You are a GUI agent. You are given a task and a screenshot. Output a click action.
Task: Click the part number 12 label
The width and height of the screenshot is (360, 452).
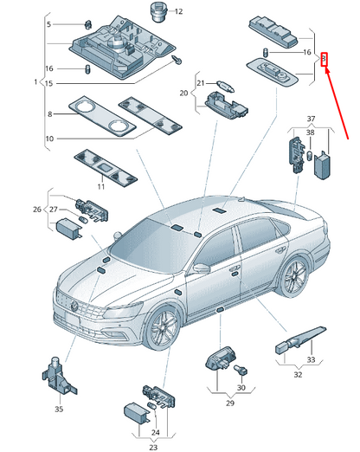coord(179,11)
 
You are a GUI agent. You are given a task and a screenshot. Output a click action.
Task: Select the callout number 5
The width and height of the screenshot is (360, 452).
coord(48,24)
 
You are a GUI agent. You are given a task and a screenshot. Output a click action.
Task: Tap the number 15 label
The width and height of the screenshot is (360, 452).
coord(49,84)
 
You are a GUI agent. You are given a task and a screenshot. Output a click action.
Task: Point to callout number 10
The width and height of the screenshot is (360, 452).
coord(49,139)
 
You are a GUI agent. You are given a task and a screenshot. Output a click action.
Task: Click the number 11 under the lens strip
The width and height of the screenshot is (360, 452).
coord(100,187)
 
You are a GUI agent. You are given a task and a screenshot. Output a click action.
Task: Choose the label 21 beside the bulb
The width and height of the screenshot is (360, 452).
coord(201,83)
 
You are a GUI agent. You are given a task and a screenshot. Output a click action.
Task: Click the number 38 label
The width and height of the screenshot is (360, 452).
coord(310,132)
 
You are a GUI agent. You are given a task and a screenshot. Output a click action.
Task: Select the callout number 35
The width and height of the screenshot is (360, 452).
coord(59,410)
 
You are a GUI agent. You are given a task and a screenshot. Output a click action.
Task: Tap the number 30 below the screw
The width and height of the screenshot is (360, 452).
coord(241,388)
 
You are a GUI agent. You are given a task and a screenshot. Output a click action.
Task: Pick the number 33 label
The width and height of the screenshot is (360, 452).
coord(311,360)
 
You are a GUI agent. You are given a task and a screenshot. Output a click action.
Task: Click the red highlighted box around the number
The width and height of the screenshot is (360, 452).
coord(325,60)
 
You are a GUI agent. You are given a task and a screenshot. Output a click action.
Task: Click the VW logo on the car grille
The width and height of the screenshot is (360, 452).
coord(74,306)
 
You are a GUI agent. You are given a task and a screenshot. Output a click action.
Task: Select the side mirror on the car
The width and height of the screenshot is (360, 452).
coord(202,268)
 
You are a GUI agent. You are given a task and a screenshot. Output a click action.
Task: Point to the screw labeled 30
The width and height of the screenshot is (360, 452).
coord(241,370)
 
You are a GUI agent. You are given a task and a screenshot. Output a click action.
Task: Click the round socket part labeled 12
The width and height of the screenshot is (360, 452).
coord(157,12)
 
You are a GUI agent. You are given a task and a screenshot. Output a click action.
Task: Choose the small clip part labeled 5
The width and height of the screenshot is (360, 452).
coord(88,25)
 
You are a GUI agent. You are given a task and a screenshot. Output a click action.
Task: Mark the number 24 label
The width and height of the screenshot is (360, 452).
coord(156,432)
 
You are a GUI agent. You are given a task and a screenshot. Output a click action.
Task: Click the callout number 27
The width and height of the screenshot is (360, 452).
coord(54,210)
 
